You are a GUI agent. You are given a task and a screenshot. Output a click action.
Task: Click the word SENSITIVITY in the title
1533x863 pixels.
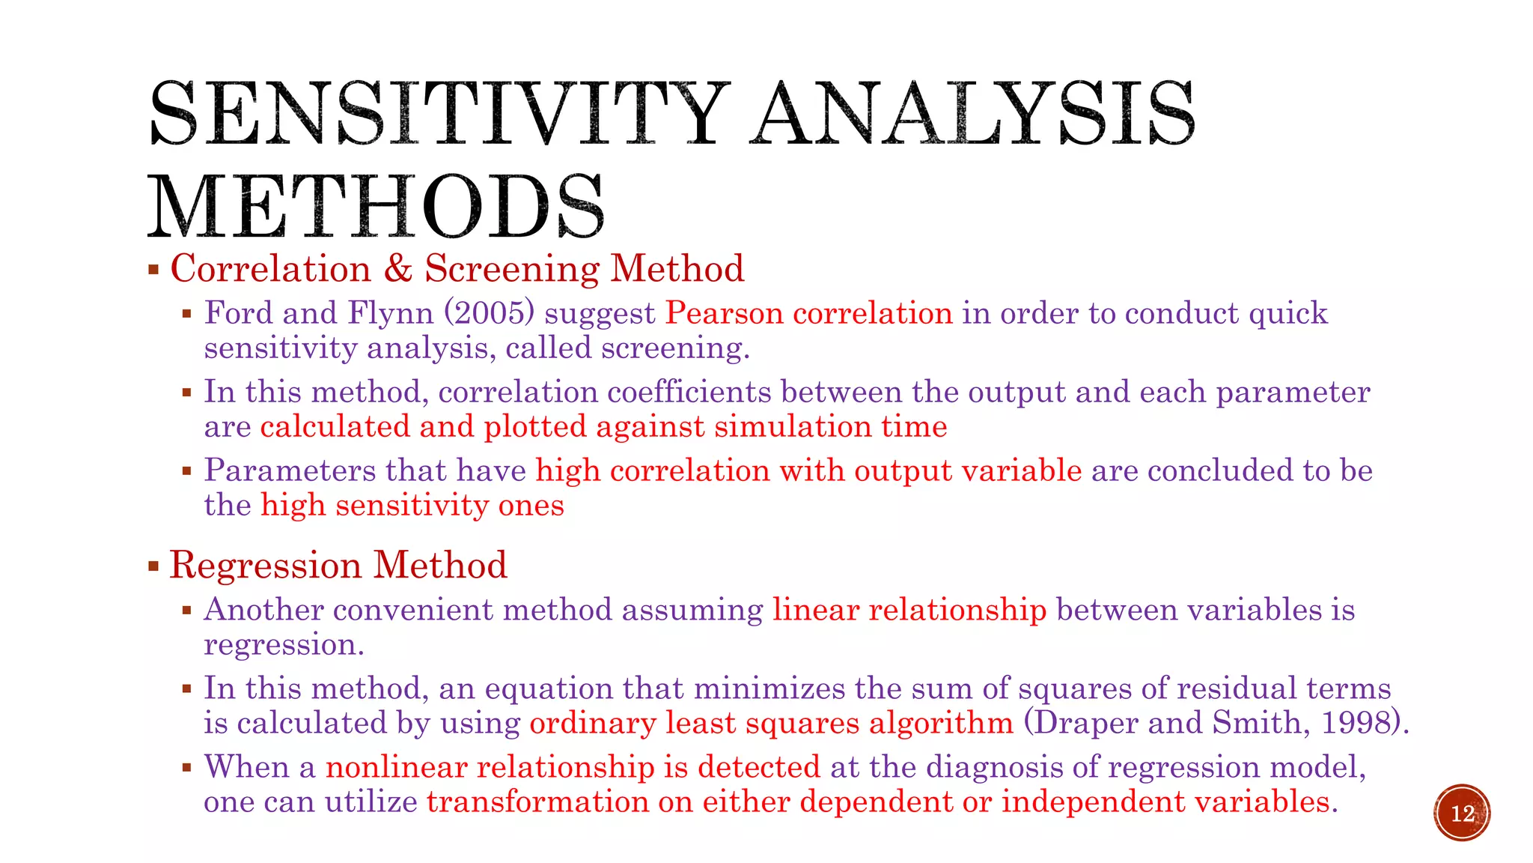(438, 114)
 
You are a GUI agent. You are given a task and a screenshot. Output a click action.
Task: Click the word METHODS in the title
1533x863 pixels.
(376, 208)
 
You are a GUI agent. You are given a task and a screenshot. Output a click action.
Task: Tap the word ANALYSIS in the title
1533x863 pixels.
(973, 114)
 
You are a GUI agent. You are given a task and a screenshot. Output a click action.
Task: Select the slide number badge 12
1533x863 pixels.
(1462, 813)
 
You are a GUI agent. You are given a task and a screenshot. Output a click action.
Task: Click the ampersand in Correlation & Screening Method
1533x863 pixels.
(397, 268)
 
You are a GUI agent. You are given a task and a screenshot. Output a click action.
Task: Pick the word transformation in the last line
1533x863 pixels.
(537, 802)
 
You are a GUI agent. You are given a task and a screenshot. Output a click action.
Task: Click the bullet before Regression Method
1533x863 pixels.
(153, 566)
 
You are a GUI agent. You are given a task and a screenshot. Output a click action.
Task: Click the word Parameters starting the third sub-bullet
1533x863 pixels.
(290, 470)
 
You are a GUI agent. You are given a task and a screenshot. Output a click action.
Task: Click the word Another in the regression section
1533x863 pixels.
(263, 610)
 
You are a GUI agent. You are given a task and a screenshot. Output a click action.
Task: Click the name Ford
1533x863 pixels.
(239, 313)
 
